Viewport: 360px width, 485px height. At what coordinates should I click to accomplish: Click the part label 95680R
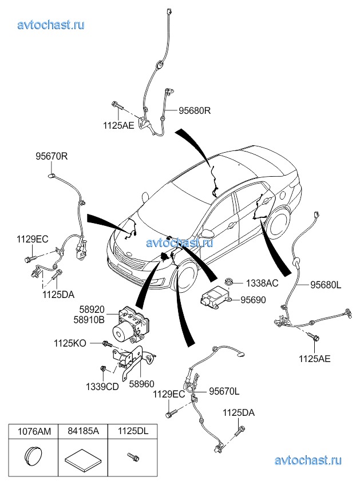pos(195,112)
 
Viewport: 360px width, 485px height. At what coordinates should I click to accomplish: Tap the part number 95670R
pos(52,156)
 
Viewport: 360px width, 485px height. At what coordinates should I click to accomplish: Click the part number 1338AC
pos(262,283)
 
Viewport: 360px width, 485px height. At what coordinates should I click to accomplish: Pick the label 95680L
pos(326,284)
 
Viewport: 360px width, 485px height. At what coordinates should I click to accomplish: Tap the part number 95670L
pos(224,392)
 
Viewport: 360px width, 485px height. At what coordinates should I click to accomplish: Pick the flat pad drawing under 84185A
pos(80,459)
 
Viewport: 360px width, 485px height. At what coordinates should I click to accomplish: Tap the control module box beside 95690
pos(214,298)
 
